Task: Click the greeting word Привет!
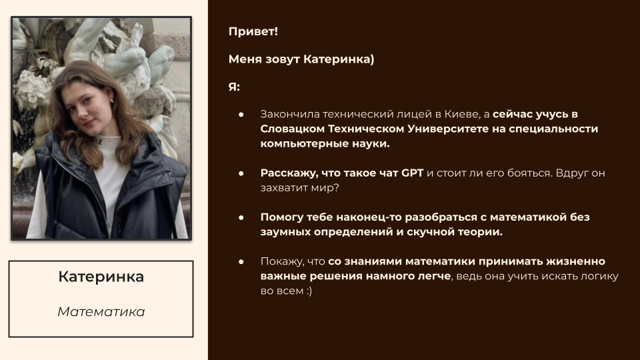coord(253,31)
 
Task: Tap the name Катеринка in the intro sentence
coord(339,59)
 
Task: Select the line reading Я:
coord(234,87)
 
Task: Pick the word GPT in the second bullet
coord(412,173)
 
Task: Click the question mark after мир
coord(336,188)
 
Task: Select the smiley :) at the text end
coord(307,291)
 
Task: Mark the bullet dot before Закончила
coord(241,115)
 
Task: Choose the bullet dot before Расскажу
coord(241,173)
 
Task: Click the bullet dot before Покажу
coord(241,261)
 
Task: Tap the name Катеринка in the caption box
coord(101,277)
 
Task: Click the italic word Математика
coord(101,312)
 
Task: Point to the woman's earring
coord(111,99)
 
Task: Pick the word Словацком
coord(293,129)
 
